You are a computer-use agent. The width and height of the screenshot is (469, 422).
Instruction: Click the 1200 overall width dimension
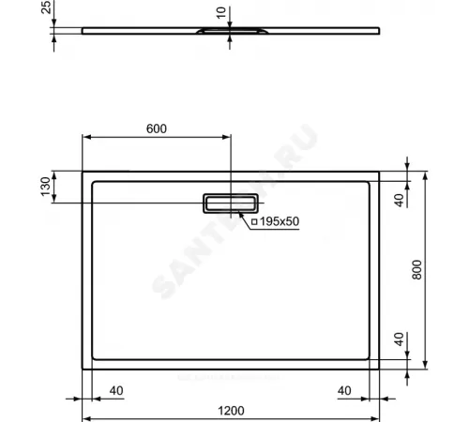[231, 409]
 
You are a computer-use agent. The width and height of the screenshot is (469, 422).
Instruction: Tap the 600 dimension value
[156, 128]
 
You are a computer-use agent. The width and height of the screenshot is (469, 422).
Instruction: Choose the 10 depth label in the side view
[220, 12]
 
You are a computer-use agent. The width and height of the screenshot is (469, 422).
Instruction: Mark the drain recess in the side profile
[220, 33]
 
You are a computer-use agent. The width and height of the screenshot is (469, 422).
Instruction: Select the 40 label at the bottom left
[116, 390]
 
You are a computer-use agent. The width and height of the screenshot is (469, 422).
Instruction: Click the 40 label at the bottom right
[344, 390]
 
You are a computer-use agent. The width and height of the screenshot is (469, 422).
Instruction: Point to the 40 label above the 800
[399, 200]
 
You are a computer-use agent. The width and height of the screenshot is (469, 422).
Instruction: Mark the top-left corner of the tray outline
[84, 172]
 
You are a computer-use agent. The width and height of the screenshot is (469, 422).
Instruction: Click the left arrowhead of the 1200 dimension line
[87, 418]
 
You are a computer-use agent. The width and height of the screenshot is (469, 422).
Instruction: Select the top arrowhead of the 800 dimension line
[428, 174]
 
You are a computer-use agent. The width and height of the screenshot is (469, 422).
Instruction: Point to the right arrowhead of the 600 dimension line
[228, 138]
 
